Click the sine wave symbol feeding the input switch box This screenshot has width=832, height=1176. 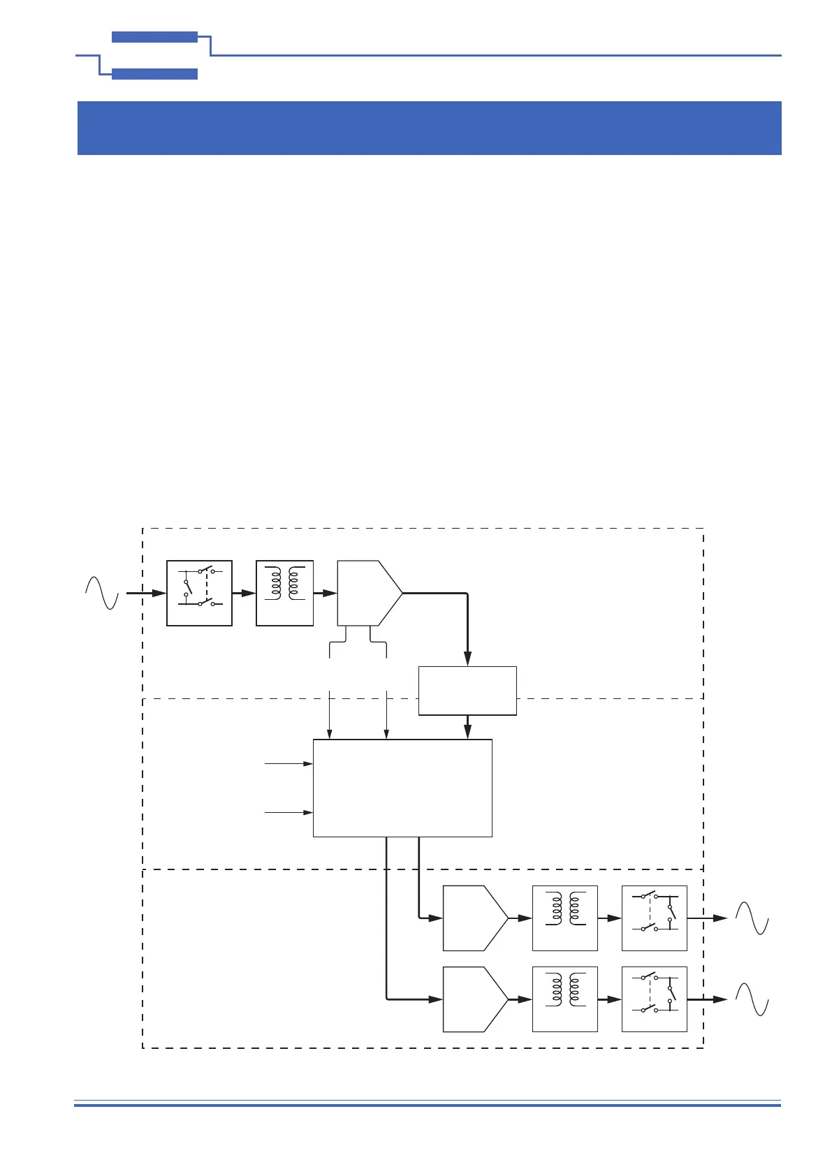pos(102,593)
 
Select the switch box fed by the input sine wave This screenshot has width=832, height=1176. pos(199,593)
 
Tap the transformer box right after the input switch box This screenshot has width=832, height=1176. pos(285,593)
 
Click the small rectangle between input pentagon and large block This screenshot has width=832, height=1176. pos(467,691)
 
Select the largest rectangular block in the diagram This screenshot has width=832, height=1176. pos(402,788)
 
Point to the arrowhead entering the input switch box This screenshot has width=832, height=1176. pos(160,593)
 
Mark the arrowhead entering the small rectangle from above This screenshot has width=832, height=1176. pos(467,659)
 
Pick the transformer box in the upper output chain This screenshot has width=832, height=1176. pos(565,918)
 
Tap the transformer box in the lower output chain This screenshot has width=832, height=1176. pos(565,999)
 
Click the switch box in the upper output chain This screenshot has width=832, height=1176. pos(655,918)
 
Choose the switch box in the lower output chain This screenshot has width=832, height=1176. pos(655,999)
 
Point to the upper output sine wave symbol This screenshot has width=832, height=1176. pos(752,918)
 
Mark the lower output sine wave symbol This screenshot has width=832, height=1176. pos(752,999)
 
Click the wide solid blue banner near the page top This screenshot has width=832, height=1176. pos(429,128)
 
